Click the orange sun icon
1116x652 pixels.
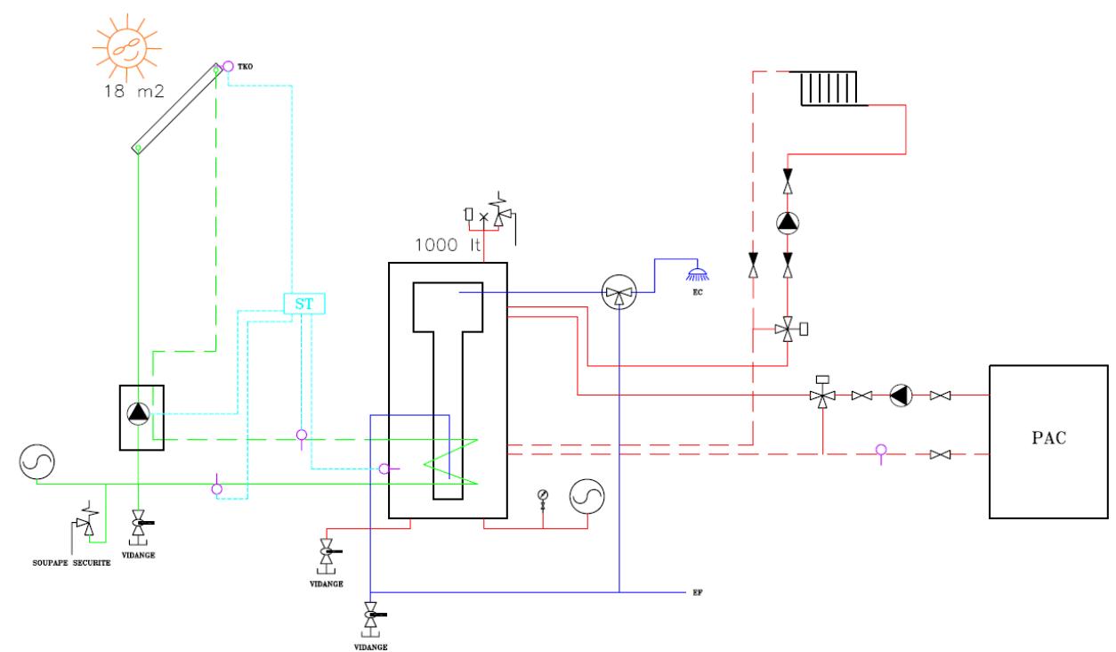[x=126, y=48]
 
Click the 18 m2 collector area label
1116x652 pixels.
[x=134, y=91]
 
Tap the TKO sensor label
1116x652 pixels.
[x=245, y=66]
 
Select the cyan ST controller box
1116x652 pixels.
[x=304, y=304]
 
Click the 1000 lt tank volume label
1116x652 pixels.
[x=448, y=245]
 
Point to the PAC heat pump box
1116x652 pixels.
[x=1048, y=442]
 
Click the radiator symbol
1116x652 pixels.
[x=829, y=88]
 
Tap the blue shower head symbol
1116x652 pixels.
[x=698, y=273]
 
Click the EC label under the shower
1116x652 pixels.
[x=698, y=292]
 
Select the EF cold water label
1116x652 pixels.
[x=698, y=592]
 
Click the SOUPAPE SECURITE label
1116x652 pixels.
[x=71, y=563]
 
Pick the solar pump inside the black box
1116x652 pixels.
[x=139, y=413]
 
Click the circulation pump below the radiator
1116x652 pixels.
[x=788, y=223]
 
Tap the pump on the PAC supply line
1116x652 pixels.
[x=901, y=395]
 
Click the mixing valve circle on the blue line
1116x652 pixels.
[x=619, y=292]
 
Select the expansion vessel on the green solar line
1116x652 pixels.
[x=36, y=462]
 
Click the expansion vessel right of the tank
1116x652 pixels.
[x=586, y=496]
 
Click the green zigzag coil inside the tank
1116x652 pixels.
[x=450, y=461]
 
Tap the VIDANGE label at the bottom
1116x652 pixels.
[x=371, y=647]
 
